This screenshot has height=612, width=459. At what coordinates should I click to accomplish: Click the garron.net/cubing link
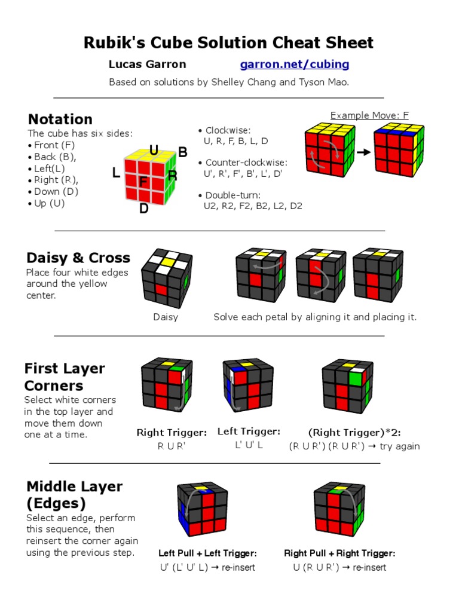pos(295,64)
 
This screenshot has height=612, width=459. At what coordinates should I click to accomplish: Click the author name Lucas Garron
pos(147,64)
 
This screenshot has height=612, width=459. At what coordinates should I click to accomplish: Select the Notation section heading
pos(60,119)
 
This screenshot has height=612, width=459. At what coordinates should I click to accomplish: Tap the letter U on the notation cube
pos(154,151)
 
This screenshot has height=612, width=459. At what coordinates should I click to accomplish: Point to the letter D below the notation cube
pos(144,209)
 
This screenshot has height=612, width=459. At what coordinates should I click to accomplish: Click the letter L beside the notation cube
pos(116,173)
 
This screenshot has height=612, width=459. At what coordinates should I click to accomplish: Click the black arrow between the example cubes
pos(363,152)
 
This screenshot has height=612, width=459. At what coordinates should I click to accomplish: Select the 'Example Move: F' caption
pos(369,115)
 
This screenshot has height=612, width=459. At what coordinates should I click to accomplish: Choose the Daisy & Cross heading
pos(78,258)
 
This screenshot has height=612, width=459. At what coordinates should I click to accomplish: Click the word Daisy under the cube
pos(166,317)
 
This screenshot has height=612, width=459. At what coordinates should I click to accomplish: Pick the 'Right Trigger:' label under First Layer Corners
pos(172,432)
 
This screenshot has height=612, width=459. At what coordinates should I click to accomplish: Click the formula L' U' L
pos(249,446)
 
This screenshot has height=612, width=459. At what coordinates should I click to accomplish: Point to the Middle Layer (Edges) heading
pos(74,495)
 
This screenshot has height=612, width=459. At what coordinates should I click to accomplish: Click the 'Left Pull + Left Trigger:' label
pos(207,553)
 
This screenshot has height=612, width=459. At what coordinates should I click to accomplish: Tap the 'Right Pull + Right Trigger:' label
pos(339,553)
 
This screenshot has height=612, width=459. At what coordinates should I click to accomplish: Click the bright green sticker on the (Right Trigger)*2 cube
pos(356,378)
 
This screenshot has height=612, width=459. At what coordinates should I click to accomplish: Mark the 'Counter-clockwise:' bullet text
pos(246,163)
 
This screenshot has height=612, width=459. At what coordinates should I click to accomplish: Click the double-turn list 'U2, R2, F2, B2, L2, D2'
pos(253,206)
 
